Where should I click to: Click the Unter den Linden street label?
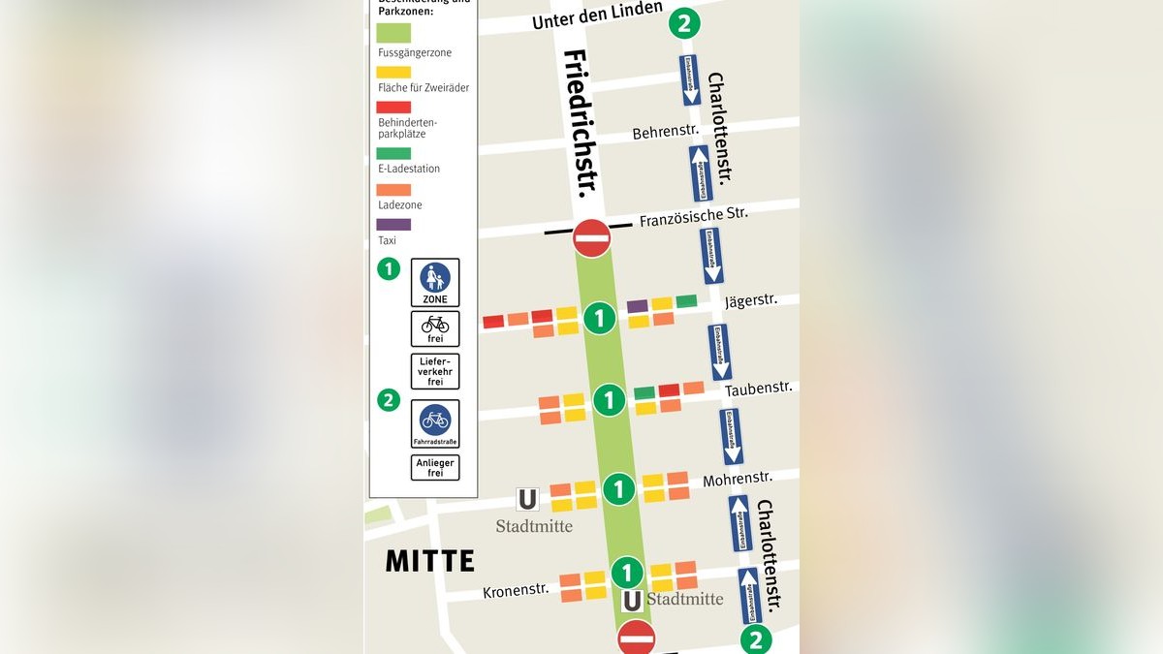(x=597, y=15)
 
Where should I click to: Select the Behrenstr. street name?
(x=665, y=133)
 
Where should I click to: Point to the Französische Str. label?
(x=693, y=217)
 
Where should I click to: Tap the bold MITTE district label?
(x=430, y=561)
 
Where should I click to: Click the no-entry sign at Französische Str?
(x=591, y=237)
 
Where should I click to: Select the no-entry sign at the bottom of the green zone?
(x=636, y=638)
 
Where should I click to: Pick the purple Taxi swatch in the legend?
(x=393, y=225)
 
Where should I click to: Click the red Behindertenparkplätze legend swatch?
(x=393, y=108)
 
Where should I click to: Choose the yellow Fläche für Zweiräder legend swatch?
(x=393, y=71)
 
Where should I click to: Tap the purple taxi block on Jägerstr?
(x=637, y=306)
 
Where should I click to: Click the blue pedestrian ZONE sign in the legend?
(x=435, y=282)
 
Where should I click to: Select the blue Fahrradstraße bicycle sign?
(x=435, y=423)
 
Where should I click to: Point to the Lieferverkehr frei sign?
(x=435, y=371)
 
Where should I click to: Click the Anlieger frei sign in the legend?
(x=435, y=468)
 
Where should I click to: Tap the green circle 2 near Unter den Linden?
(x=684, y=23)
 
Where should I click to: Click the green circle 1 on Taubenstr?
(x=609, y=399)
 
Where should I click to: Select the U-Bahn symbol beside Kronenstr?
(x=631, y=601)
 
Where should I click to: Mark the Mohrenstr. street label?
(x=738, y=479)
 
